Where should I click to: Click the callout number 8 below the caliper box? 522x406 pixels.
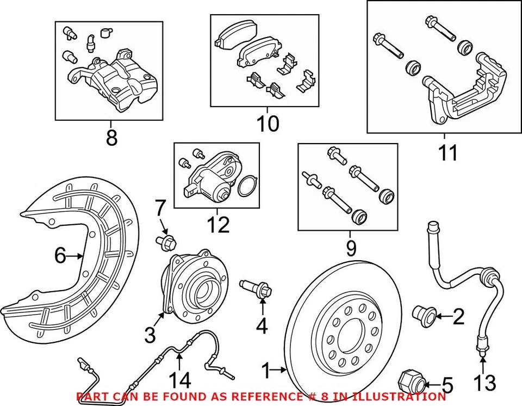coord(111,138)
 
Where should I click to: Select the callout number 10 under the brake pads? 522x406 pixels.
coord(268,124)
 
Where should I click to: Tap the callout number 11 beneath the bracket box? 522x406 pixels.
coord(448,153)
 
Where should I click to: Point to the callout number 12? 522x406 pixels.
coord(218,224)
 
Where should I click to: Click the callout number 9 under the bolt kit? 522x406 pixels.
coord(351,249)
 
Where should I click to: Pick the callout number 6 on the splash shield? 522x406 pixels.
coord(60,255)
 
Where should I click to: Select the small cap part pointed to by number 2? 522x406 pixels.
coord(423,314)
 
